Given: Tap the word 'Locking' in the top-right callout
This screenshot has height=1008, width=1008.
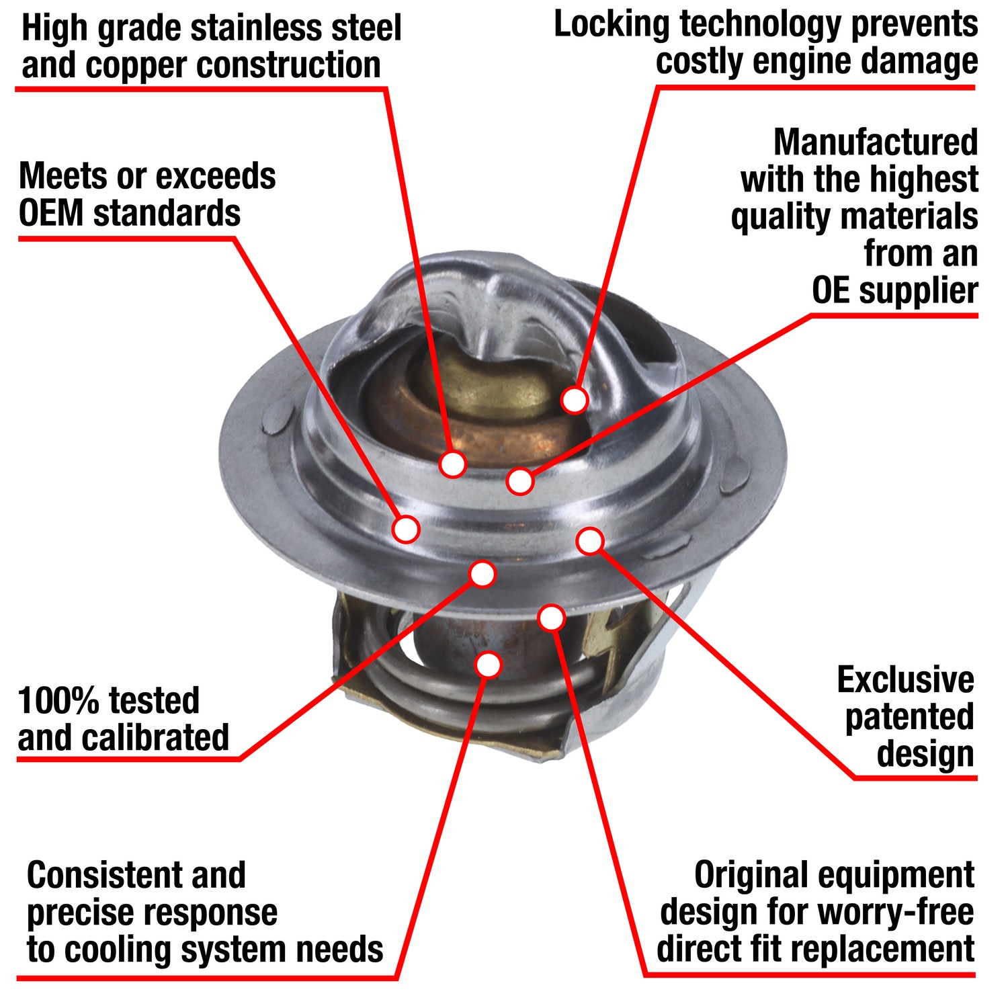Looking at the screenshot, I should point(612,25).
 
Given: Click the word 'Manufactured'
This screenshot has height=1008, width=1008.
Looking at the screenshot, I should point(876,142).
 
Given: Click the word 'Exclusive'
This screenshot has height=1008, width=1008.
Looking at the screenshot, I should point(905,680).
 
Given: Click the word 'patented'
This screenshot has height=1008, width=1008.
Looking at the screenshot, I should point(909,717).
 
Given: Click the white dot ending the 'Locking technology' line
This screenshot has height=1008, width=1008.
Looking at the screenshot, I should point(575,400).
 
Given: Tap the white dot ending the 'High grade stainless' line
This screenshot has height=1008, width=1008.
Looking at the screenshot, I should point(453,464).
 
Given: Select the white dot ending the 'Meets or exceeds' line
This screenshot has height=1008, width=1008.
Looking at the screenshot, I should point(406,529).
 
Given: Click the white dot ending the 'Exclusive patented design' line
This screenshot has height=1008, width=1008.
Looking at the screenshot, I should point(590,541).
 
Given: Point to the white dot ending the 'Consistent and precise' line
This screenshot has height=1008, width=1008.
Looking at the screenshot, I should point(489,665).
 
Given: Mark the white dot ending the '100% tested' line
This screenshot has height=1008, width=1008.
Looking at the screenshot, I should point(482,574).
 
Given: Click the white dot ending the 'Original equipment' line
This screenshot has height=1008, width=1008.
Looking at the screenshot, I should point(551,618).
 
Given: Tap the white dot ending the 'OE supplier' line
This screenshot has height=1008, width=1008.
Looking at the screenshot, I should point(520,481).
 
